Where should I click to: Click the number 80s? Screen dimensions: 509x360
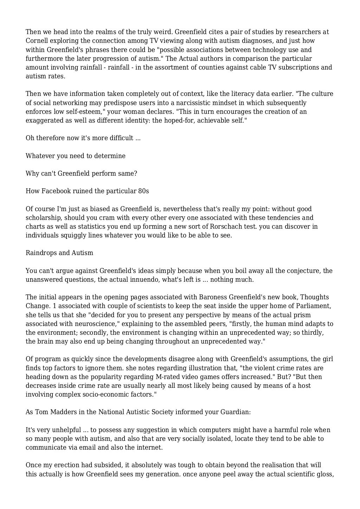142,191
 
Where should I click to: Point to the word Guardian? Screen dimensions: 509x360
235,412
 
